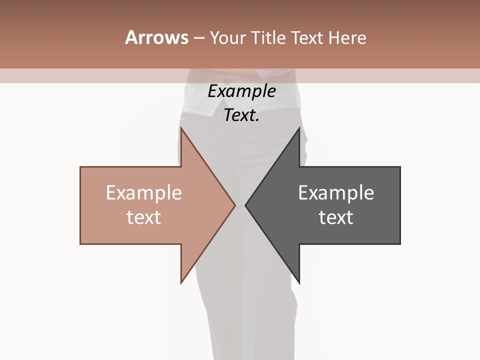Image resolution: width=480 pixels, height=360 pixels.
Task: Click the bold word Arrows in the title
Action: click(156, 37)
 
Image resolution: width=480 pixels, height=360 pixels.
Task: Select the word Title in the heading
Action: click(269, 37)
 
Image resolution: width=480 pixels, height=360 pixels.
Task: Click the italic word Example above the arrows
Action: click(241, 91)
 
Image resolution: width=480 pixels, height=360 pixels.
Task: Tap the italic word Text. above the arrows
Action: click(241, 115)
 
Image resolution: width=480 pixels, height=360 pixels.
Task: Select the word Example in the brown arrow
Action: click(143, 192)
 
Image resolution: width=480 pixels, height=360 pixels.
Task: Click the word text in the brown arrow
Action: click(143, 217)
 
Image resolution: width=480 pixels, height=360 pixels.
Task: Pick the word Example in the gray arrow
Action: click(336, 192)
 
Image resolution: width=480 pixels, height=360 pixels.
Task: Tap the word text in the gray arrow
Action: click(336, 217)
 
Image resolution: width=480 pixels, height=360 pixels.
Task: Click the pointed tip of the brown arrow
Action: click(234, 204)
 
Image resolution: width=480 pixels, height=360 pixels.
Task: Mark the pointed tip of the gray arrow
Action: click(245, 204)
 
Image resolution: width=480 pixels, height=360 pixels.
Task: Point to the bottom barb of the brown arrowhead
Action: click(181, 282)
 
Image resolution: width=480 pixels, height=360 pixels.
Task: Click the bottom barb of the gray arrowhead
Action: click(299, 282)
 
